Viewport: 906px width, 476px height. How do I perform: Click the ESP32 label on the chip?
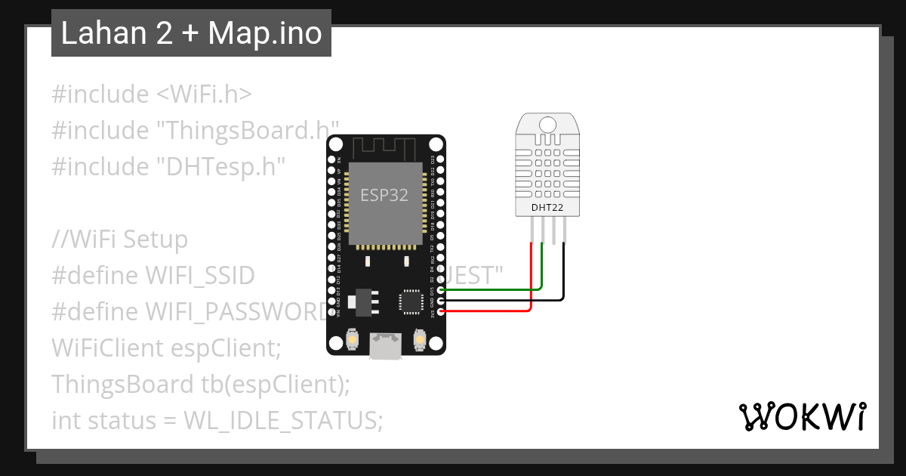384,195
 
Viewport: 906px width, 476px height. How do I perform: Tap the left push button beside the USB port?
352,341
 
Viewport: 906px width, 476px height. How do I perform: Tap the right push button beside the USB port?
419,341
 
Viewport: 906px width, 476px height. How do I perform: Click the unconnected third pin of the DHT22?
553,230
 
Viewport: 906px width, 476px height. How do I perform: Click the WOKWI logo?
803,416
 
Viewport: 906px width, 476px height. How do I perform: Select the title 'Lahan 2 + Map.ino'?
191,33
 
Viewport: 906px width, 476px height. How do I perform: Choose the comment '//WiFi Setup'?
119,240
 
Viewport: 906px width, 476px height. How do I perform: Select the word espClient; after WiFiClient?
226,348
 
